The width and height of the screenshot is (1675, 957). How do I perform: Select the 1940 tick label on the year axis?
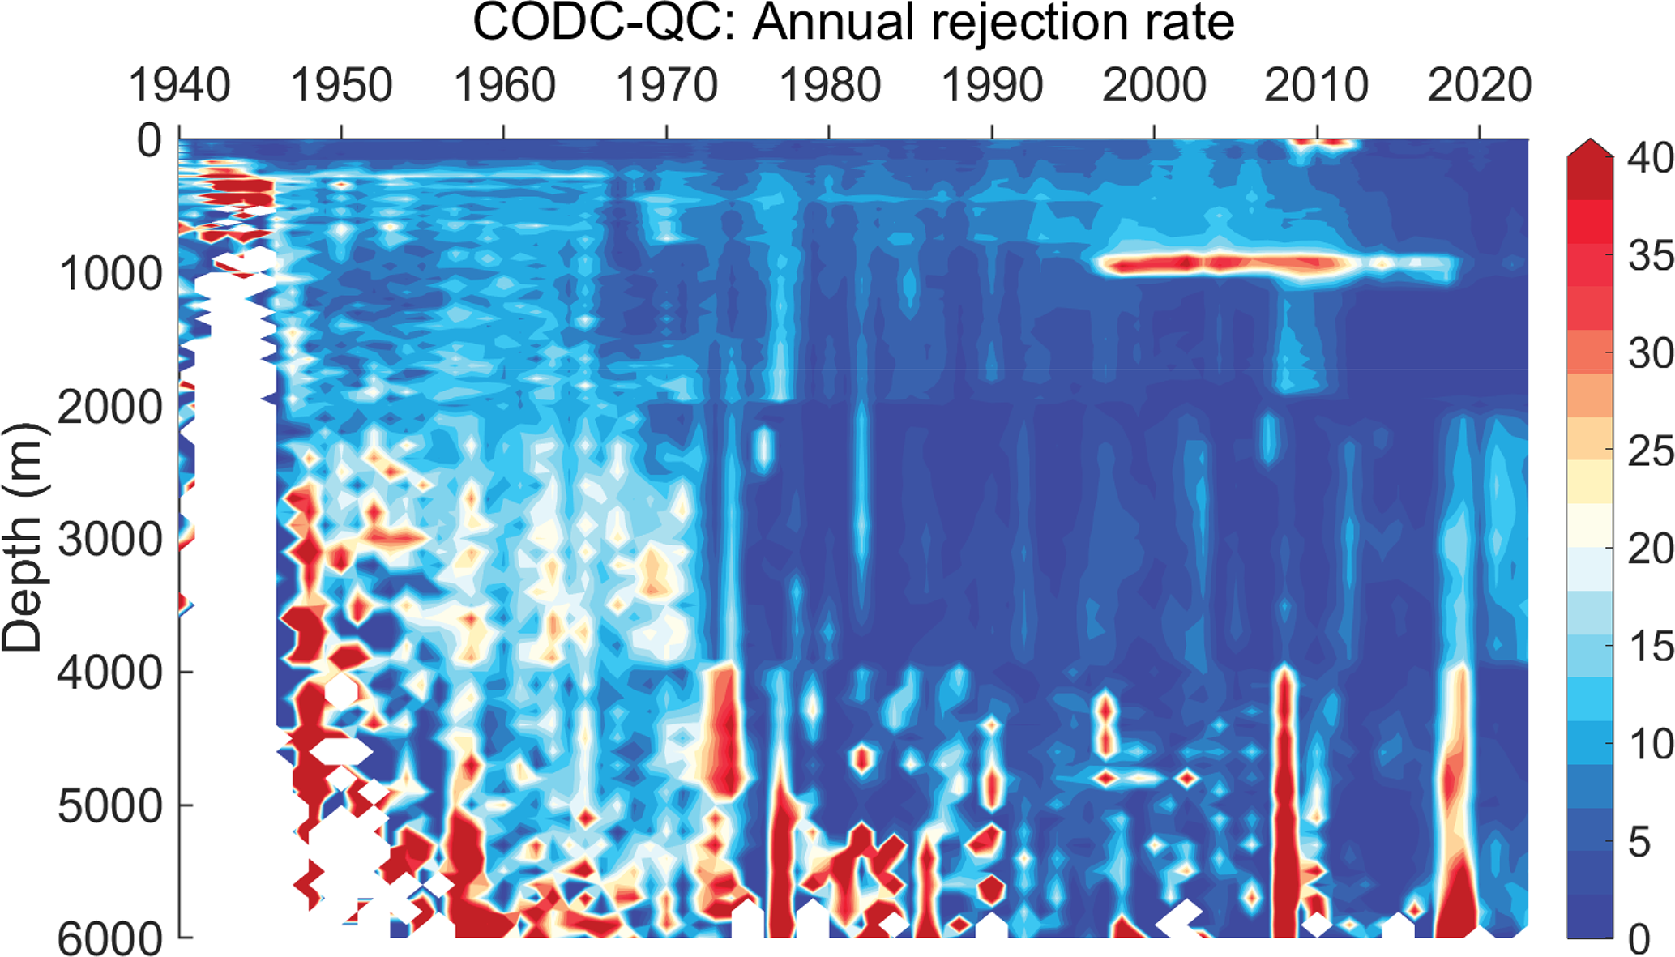tap(179, 86)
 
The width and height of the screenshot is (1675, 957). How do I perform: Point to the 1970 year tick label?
tap(667, 86)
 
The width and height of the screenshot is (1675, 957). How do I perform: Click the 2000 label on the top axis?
tap(1154, 86)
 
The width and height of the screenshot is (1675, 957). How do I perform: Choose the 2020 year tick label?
tap(1479, 86)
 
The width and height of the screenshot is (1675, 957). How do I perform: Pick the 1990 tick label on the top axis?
tap(992, 86)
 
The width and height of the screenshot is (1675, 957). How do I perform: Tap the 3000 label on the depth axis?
tap(111, 540)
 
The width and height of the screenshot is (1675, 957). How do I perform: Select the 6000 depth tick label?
tap(111, 938)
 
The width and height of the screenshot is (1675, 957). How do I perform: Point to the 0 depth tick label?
tap(149, 141)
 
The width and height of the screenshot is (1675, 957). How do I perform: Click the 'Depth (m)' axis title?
tap(23, 538)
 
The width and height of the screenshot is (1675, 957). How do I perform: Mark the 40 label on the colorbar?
tap(1650, 158)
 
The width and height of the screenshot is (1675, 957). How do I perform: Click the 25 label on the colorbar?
tap(1650, 451)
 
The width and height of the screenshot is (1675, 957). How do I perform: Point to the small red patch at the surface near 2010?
tap(1321, 144)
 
